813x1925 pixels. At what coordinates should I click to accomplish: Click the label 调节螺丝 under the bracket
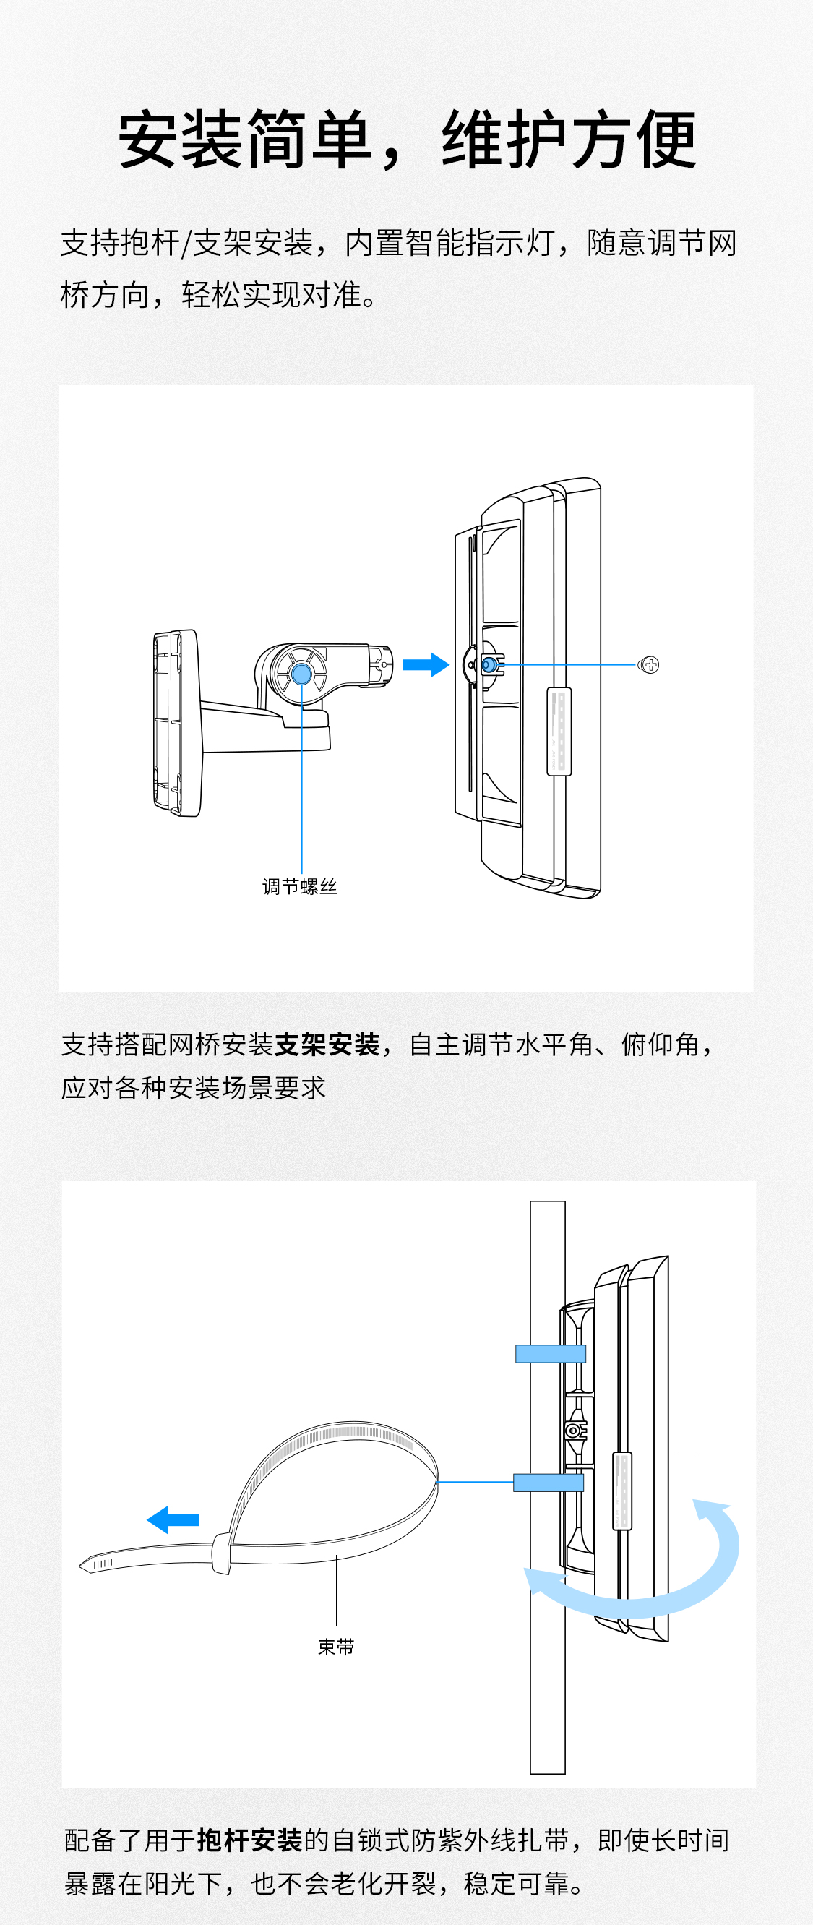[300, 886]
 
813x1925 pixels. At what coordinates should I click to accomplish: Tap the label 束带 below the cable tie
[336, 1646]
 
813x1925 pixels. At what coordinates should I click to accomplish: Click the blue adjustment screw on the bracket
[302, 674]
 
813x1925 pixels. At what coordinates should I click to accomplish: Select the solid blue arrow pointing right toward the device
[426, 664]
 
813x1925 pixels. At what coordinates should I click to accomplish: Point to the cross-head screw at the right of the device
[650, 664]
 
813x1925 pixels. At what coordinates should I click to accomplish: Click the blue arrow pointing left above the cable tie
[173, 1519]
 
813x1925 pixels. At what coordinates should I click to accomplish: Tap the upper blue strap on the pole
[551, 1353]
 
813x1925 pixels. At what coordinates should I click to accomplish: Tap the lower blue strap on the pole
[549, 1483]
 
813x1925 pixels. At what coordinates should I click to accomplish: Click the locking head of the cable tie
[221, 1553]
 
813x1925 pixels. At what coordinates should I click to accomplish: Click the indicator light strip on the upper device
[559, 731]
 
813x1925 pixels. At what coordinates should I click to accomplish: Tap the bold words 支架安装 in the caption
[327, 1044]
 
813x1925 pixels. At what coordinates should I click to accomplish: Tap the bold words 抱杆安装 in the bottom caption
[249, 1840]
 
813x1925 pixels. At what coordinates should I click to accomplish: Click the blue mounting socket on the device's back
[488, 664]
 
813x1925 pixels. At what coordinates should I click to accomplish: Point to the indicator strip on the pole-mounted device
[621, 1491]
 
